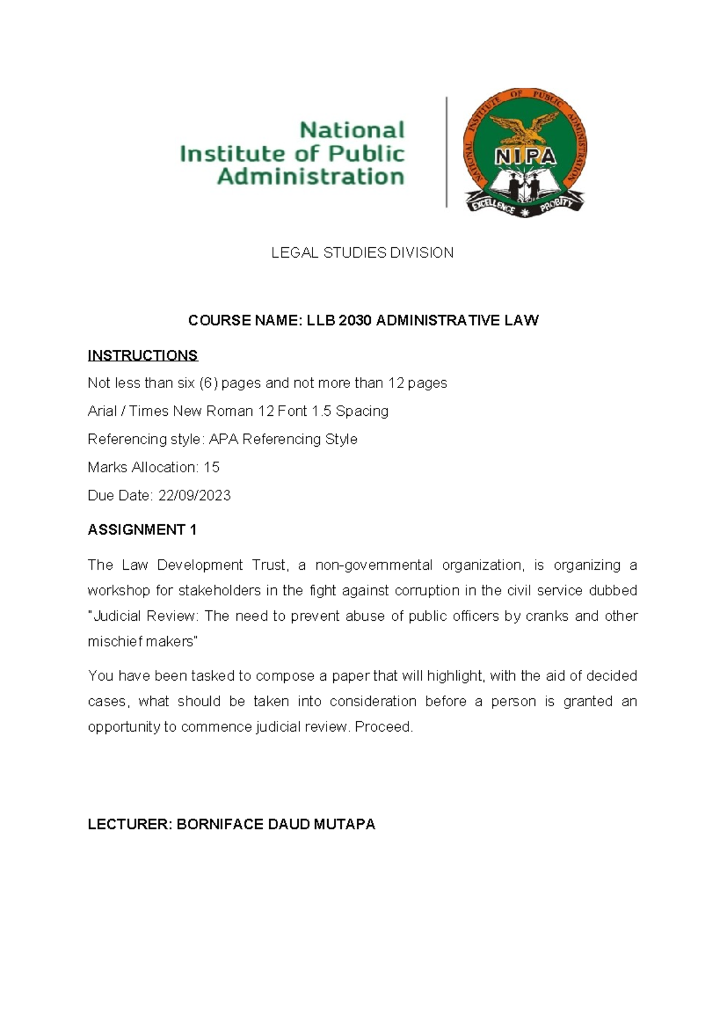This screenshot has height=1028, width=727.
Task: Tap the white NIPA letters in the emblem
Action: [x=525, y=157]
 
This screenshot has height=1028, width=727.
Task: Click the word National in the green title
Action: [x=352, y=130]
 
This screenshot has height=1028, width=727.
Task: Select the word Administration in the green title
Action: [x=310, y=177]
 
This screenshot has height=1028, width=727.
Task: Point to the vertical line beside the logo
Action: [x=446, y=152]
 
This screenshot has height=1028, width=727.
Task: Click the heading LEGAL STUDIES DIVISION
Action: [x=362, y=253]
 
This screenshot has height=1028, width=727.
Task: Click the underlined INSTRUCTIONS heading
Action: [x=142, y=355]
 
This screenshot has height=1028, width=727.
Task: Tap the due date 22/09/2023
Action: [x=194, y=496]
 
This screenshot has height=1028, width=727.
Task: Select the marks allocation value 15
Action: [x=211, y=467]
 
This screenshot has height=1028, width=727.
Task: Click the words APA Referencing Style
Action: [x=283, y=439]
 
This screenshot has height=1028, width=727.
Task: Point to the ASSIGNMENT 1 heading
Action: [x=142, y=530]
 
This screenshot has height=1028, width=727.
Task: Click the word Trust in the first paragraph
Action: [x=269, y=566]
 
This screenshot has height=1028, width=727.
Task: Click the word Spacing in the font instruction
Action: [x=362, y=411]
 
